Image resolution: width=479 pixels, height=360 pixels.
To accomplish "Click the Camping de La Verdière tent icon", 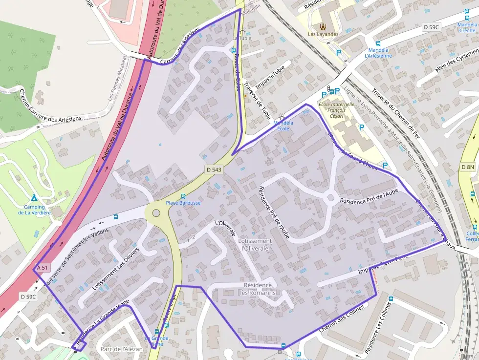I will coord(34,198).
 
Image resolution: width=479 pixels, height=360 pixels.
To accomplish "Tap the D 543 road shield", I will coord(214,169).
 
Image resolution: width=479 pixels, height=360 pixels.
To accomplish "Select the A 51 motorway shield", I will coord(43,268).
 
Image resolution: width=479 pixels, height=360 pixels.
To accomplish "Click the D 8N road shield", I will coord(467,167).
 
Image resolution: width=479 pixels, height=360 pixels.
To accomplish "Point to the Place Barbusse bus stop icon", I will coord(183,196).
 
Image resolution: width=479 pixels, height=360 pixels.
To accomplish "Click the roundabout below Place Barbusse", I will coord(156,213).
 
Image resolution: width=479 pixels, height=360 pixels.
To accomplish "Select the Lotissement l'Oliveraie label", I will coord(255,245).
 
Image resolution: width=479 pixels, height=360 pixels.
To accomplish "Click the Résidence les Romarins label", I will coord(258,289).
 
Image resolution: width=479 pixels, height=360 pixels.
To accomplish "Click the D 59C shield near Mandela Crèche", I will coord(431,27).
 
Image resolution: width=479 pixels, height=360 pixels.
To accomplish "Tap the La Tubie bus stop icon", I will coord(233,50).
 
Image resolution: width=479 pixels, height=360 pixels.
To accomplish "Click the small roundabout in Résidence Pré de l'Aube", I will coord(330,198).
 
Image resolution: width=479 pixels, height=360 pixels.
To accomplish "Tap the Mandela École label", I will coord(283,126).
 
